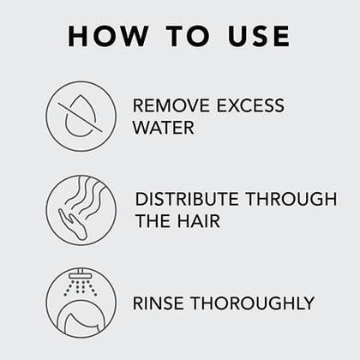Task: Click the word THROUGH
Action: click(x=291, y=200)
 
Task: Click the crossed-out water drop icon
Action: click(x=81, y=117)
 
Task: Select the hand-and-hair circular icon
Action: click(x=81, y=209)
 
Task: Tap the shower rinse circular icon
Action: click(x=81, y=302)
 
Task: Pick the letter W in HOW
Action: click(x=135, y=36)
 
